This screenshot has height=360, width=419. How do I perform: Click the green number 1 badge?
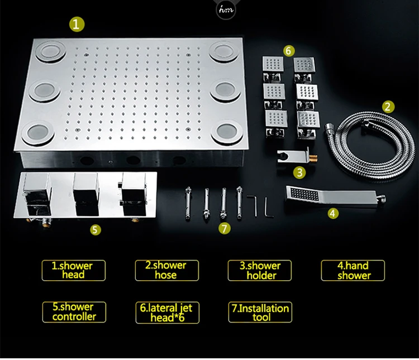[77, 25]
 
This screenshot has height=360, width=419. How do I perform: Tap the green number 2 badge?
[388, 107]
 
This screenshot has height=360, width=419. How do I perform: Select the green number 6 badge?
[288, 50]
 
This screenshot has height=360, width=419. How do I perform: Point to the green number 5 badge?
[95, 229]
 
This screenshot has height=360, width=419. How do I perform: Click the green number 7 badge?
[224, 228]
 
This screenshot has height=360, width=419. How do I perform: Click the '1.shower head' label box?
[74, 270]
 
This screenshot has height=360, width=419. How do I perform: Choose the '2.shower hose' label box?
[166, 270]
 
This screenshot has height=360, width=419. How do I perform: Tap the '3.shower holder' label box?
[259, 270]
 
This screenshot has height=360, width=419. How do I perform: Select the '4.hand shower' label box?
[353, 270]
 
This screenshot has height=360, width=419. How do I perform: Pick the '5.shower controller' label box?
[74, 312]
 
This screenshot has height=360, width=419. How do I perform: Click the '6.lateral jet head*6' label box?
[167, 313]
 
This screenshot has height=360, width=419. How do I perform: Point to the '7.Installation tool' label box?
[260, 312]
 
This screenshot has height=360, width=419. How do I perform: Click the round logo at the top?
[226, 10]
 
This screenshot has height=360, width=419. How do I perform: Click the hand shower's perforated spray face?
[304, 194]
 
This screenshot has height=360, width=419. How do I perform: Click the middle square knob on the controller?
[86, 194]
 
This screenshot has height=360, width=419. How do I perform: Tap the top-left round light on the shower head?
[50, 51]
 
